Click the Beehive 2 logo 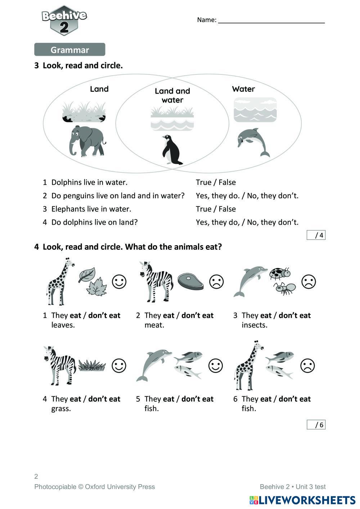pyautogui.click(x=64, y=21)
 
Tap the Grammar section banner pyautogui.click(x=69, y=50)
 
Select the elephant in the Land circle pyautogui.click(x=87, y=141)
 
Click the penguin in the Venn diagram pyautogui.click(x=171, y=150)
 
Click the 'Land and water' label pyautogui.click(x=172, y=95)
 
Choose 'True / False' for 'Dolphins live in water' pyautogui.click(x=216, y=182)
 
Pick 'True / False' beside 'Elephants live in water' pyautogui.click(x=216, y=209)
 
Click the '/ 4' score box pyautogui.click(x=316, y=235)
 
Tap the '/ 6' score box pyautogui.click(x=316, y=425)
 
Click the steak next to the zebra pyautogui.click(x=190, y=281)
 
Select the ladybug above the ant pyautogui.click(x=280, y=273)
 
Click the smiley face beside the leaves pyautogui.click(x=119, y=281)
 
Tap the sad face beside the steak pyautogui.click(x=216, y=281)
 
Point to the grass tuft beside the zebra pyautogui.click(x=92, y=365)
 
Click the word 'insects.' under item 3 pyautogui.click(x=254, y=325)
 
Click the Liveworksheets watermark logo pyautogui.click(x=302, y=500)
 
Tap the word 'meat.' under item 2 pyautogui.click(x=154, y=325)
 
